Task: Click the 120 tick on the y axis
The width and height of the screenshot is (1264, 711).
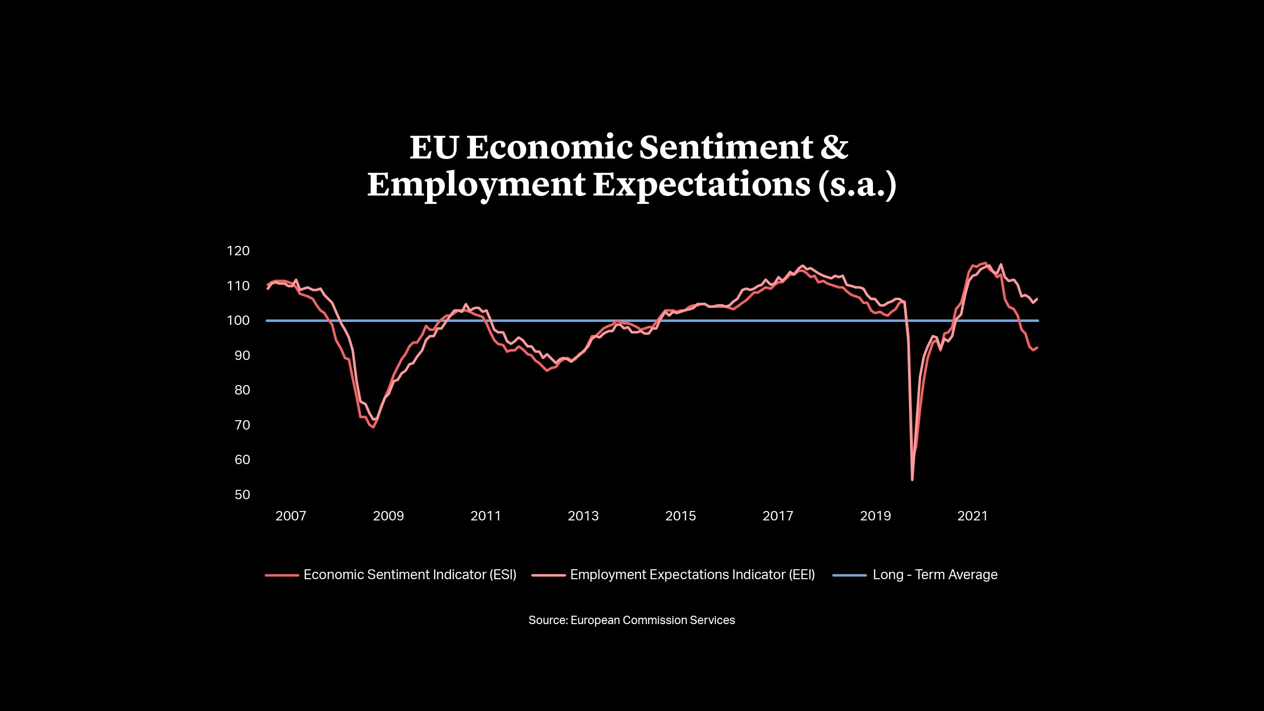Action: (238, 251)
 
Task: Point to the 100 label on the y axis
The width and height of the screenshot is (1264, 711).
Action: (238, 320)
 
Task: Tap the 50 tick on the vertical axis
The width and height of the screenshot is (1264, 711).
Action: (242, 495)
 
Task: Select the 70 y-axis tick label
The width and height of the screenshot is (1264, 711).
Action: (242, 425)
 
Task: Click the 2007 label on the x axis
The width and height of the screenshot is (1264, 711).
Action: (291, 516)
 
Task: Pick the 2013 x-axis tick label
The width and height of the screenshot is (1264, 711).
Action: (583, 516)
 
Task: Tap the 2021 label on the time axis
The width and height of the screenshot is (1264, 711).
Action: (973, 516)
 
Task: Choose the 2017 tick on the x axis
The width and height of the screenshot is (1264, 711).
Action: (778, 516)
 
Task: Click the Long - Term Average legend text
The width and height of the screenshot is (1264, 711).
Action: (935, 575)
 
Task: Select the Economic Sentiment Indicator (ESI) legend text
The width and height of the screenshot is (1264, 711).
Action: (410, 575)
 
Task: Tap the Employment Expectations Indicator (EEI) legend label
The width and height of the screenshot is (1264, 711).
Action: (692, 575)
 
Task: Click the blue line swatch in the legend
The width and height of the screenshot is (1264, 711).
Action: (849, 575)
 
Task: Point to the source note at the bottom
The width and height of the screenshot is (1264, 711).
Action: (632, 620)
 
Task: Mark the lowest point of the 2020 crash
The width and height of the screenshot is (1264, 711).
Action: (912, 479)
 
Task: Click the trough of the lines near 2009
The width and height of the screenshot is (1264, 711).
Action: (373, 427)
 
